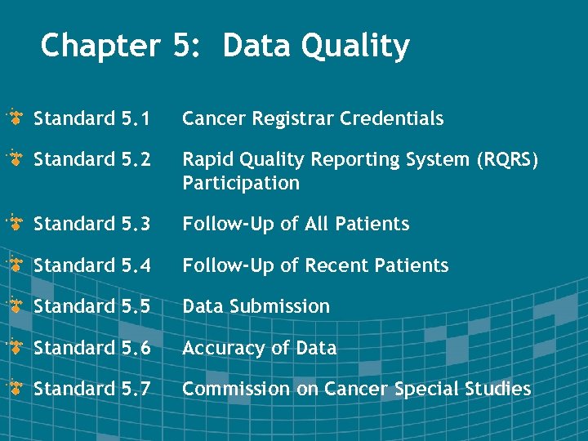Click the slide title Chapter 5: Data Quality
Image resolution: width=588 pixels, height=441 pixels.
(x=225, y=47)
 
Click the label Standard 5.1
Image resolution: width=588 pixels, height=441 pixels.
(x=91, y=119)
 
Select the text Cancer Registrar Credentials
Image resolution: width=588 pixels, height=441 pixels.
(x=313, y=119)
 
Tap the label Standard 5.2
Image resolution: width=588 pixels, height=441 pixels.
(x=91, y=160)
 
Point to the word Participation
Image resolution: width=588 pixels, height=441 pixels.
(x=241, y=183)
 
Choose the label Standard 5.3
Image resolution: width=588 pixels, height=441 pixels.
(x=91, y=225)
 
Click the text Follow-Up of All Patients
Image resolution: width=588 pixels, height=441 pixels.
(x=296, y=225)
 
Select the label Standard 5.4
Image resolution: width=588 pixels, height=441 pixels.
(x=91, y=265)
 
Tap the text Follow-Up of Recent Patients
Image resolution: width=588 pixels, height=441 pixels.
(x=315, y=265)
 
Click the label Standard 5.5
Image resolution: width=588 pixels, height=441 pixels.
(x=91, y=307)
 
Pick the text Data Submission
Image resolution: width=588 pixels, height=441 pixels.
(x=256, y=307)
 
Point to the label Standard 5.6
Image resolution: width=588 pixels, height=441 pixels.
(x=91, y=348)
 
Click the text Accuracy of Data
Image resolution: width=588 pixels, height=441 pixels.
(x=259, y=348)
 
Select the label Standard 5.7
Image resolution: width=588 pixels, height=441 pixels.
(x=91, y=389)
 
